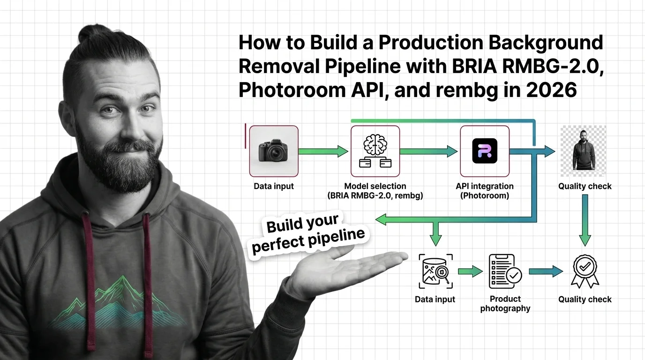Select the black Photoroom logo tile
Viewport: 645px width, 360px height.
click(x=485, y=151)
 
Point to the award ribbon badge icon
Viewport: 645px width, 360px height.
click(x=585, y=271)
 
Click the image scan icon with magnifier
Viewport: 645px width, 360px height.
click(x=435, y=271)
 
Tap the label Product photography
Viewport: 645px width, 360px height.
click(x=505, y=304)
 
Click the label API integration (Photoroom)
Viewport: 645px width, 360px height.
click(x=485, y=191)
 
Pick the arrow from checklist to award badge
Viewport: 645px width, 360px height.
click(x=546, y=271)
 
